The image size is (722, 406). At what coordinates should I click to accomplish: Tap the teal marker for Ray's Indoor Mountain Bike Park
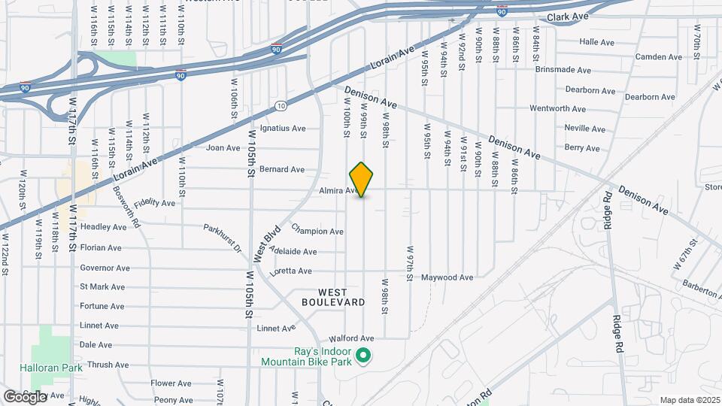[x=363, y=355]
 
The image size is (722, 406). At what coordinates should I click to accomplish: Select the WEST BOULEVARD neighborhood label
[x=333, y=297]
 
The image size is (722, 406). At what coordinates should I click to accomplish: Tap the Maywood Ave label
[x=447, y=277]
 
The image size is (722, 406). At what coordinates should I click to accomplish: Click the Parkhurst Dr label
[x=222, y=237]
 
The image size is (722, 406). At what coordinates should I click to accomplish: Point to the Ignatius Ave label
[x=283, y=128]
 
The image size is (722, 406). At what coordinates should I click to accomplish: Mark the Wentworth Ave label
[x=557, y=109]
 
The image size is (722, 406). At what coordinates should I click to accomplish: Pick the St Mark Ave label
[x=102, y=286]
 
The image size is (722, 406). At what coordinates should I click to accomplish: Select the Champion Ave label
[x=317, y=231]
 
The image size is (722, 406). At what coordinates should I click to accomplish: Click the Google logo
[x=25, y=396]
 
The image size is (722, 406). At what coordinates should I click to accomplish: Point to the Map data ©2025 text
[x=689, y=400]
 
